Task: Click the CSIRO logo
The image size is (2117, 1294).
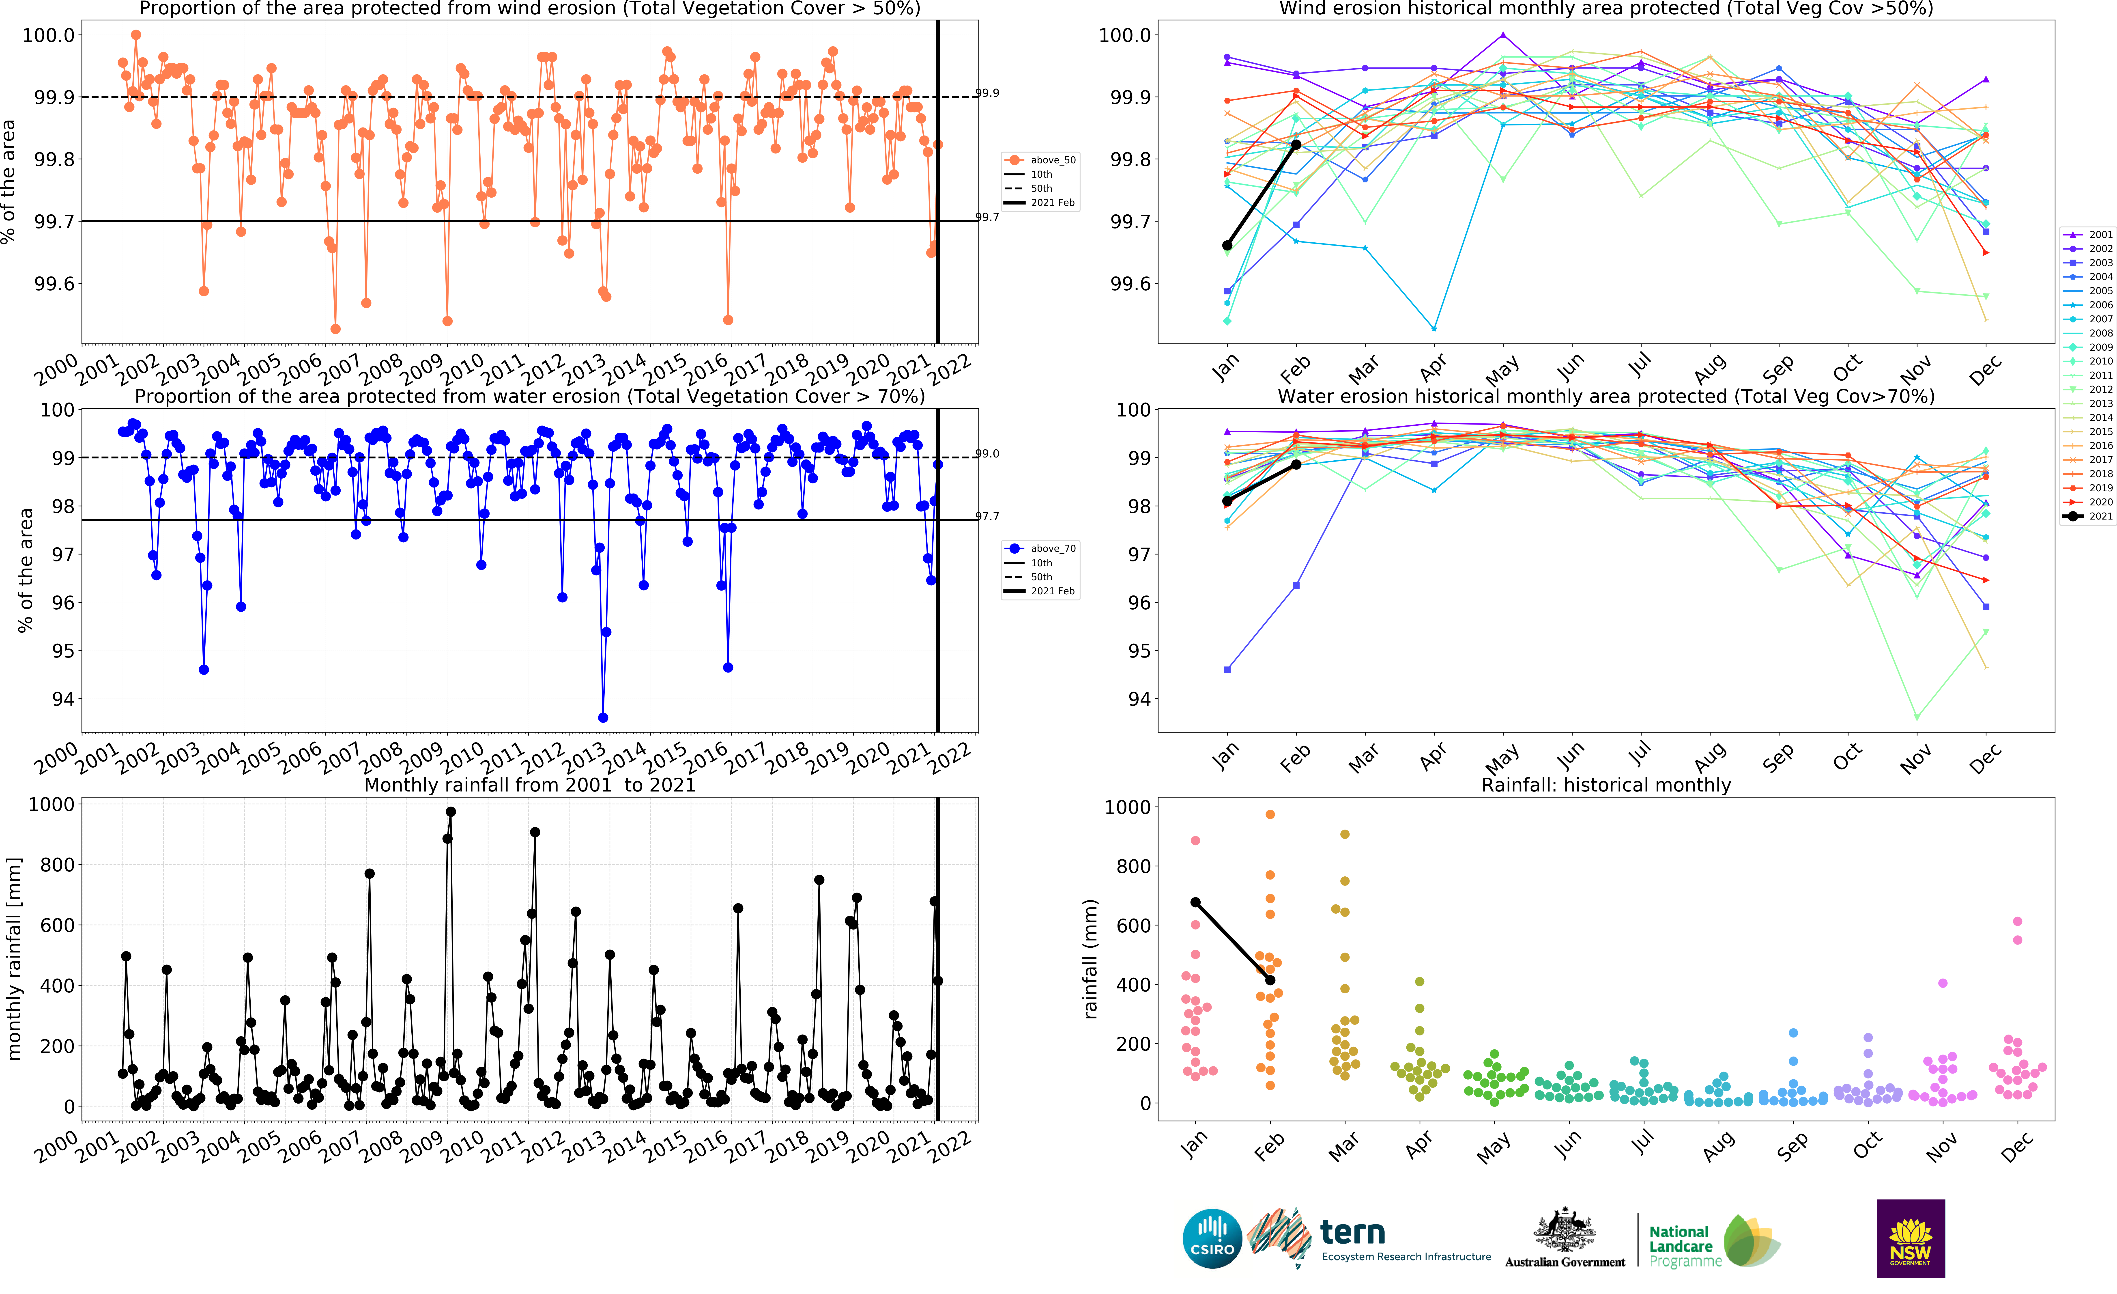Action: coord(1212,1238)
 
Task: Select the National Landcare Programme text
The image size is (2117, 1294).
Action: coord(1685,1246)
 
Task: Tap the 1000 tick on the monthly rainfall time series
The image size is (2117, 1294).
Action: coord(52,804)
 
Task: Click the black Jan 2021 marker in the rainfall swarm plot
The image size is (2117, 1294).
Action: coord(1195,902)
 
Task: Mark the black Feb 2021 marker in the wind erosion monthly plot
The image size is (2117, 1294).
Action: coord(1296,144)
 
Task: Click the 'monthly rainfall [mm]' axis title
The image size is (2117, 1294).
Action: coord(15,958)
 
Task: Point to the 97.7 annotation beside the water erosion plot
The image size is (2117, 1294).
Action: coord(987,516)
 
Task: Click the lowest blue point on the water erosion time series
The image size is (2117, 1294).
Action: coord(603,717)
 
